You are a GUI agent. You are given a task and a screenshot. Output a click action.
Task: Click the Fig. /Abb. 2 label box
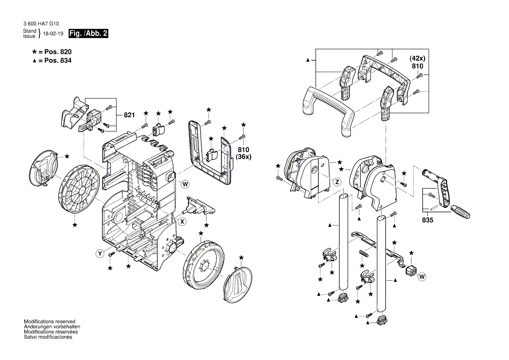tap(88, 34)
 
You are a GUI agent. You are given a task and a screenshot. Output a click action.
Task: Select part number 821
tap(129, 115)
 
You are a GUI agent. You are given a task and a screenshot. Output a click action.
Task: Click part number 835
tap(428, 221)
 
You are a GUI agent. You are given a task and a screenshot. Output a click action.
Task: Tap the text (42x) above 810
tap(417, 58)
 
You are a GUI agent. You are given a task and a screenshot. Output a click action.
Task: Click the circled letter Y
tap(100, 253)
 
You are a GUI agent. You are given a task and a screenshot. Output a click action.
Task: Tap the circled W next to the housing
tap(185, 184)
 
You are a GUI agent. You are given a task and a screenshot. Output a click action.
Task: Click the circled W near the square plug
tap(421, 277)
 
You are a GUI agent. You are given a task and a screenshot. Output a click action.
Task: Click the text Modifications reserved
tap(49, 321)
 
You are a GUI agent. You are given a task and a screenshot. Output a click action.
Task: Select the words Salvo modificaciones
tap(48, 337)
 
